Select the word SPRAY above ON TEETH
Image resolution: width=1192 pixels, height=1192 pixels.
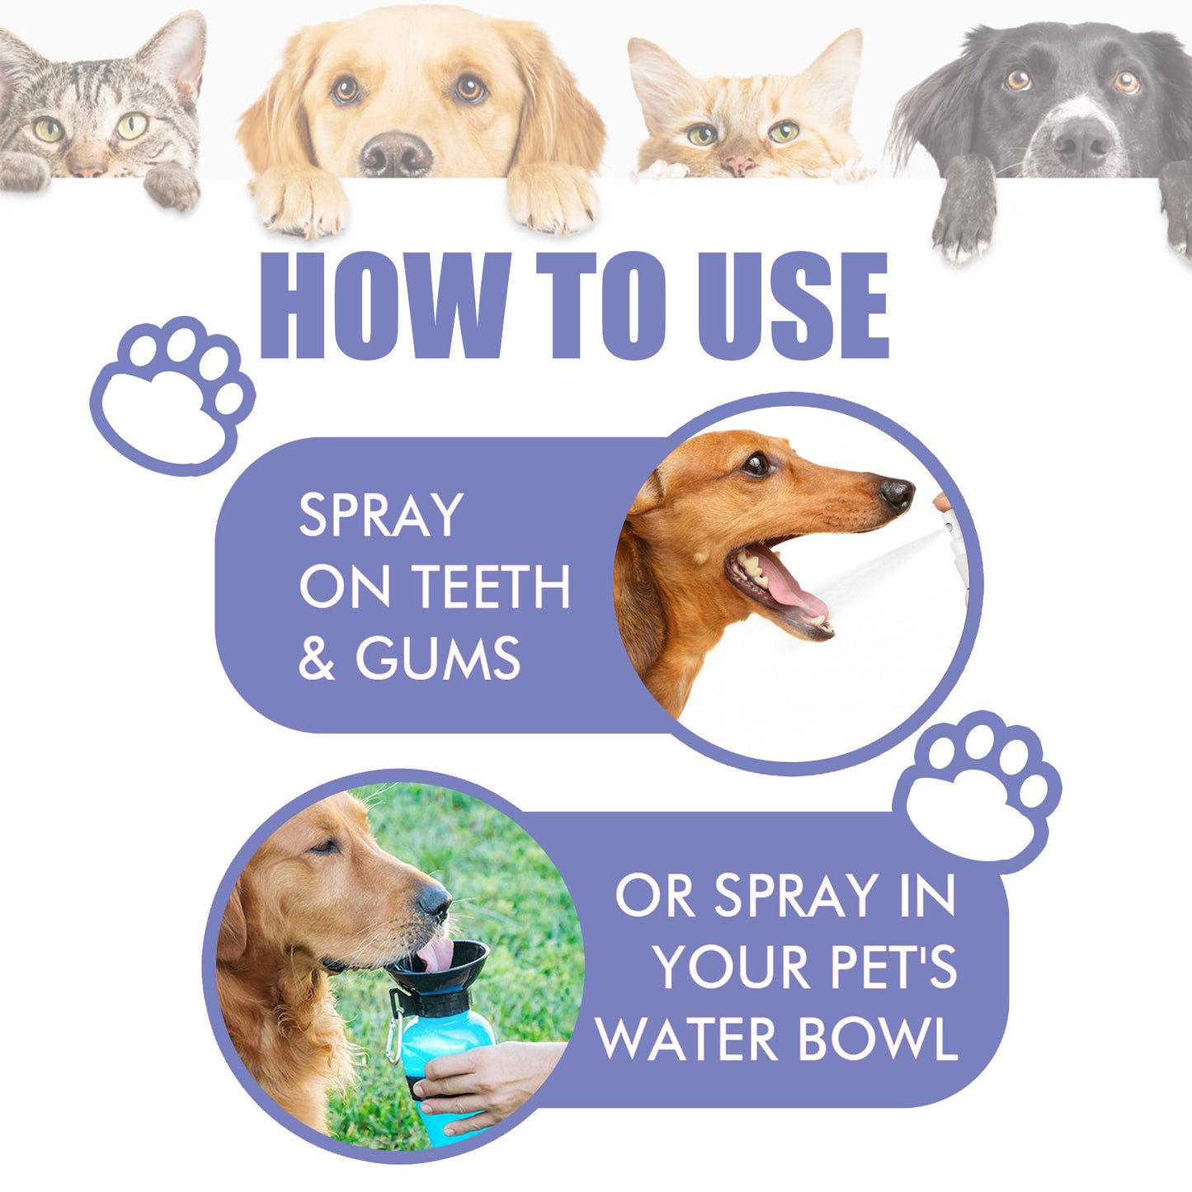381,516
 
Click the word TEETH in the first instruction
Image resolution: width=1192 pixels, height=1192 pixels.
491,587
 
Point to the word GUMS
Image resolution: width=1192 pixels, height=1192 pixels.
438,658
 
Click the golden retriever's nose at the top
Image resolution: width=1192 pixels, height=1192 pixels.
396,153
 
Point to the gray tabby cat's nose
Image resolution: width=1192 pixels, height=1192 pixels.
87,167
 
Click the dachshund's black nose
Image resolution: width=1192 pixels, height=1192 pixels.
896,492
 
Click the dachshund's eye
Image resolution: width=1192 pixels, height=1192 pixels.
755,465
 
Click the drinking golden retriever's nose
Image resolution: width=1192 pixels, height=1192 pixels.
435,902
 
